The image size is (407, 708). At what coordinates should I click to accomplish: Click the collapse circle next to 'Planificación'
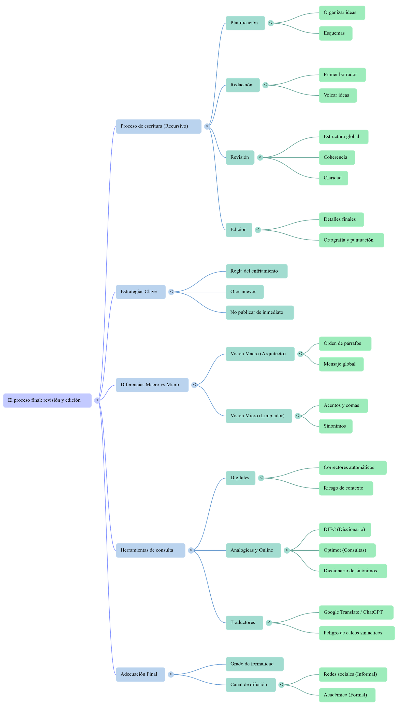point(271,23)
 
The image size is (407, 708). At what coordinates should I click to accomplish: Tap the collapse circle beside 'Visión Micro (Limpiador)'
point(298,416)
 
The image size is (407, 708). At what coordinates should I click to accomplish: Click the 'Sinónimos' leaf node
point(336,426)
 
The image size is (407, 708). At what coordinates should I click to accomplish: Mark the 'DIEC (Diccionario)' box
point(345,529)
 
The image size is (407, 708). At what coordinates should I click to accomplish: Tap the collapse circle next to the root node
point(97,400)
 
